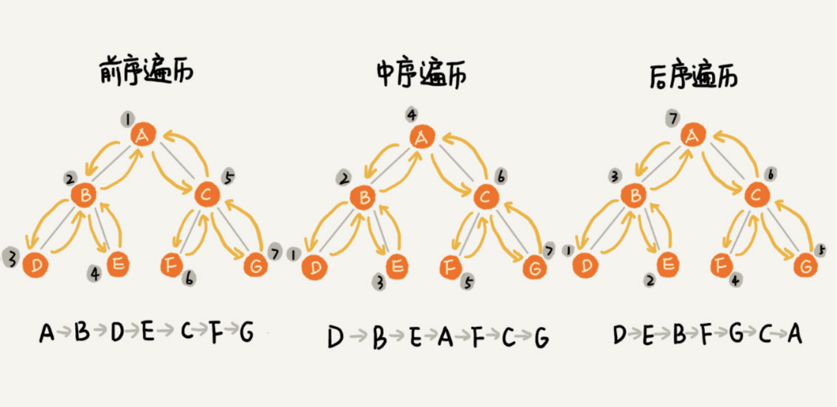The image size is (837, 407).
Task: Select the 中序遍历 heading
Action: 421,75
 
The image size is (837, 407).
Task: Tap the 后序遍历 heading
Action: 694,76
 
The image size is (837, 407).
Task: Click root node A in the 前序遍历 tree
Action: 143,136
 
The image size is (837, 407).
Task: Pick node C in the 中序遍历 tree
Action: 486,196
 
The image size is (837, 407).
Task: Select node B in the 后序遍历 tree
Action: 636,195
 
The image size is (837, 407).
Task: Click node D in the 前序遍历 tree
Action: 36,265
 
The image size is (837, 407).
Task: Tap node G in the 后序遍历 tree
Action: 806,264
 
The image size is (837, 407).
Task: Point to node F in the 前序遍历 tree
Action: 172,264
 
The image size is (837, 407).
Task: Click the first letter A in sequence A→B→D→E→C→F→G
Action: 47,333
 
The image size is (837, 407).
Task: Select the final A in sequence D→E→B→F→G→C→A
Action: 794,335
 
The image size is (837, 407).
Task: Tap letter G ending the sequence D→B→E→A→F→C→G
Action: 541,339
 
